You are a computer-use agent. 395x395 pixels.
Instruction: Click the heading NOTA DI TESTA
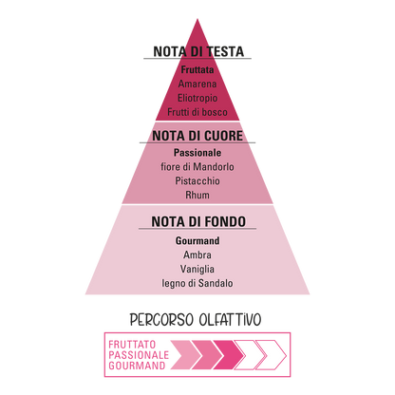pyautogui.click(x=198, y=51)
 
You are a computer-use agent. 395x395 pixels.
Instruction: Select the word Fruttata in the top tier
pyautogui.click(x=197, y=69)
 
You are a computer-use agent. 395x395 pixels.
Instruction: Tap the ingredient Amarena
pyautogui.click(x=197, y=84)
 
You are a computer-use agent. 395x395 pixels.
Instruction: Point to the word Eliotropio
pyautogui.click(x=197, y=98)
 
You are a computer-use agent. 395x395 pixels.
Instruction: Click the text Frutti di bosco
pyautogui.click(x=197, y=112)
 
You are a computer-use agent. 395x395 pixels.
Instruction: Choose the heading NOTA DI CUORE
pyautogui.click(x=197, y=136)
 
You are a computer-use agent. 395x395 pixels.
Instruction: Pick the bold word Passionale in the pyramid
pyautogui.click(x=197, y=153)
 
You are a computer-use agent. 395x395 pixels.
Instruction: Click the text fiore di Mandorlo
pyautogui.click(x=197, y=167)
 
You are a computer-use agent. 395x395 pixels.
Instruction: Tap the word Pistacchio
pyautogui.click(x=197, y=181)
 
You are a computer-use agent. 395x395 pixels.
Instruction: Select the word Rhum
pyautogui.click(x=197, y=195)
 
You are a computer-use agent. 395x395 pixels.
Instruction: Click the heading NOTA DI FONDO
pyautogui.click(x=198, y=221)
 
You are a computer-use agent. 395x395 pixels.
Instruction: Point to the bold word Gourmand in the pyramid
pyautogui.click(x=197, y=241)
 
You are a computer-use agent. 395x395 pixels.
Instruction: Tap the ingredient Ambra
pyautogui.click(x=197, y=254)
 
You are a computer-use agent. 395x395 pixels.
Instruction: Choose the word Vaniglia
pyautogui.click(x=197, y=269)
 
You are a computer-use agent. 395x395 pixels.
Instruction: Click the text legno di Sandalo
pyautogui.click(x=197, y=283)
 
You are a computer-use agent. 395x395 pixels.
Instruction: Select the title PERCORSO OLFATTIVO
pyautogui.click(x=196, y=320)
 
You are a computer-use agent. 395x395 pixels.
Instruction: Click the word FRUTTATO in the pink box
pyautogui.click(x=132, y=345)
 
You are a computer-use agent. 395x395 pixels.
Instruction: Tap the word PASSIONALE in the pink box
pyautogui.click(x=139, y=355)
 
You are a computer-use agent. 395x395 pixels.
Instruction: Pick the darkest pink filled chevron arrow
pyautogui.click(x=229, y=355)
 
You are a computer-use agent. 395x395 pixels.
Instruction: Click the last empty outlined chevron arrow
pyautogui.click(x=281, y=348)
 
